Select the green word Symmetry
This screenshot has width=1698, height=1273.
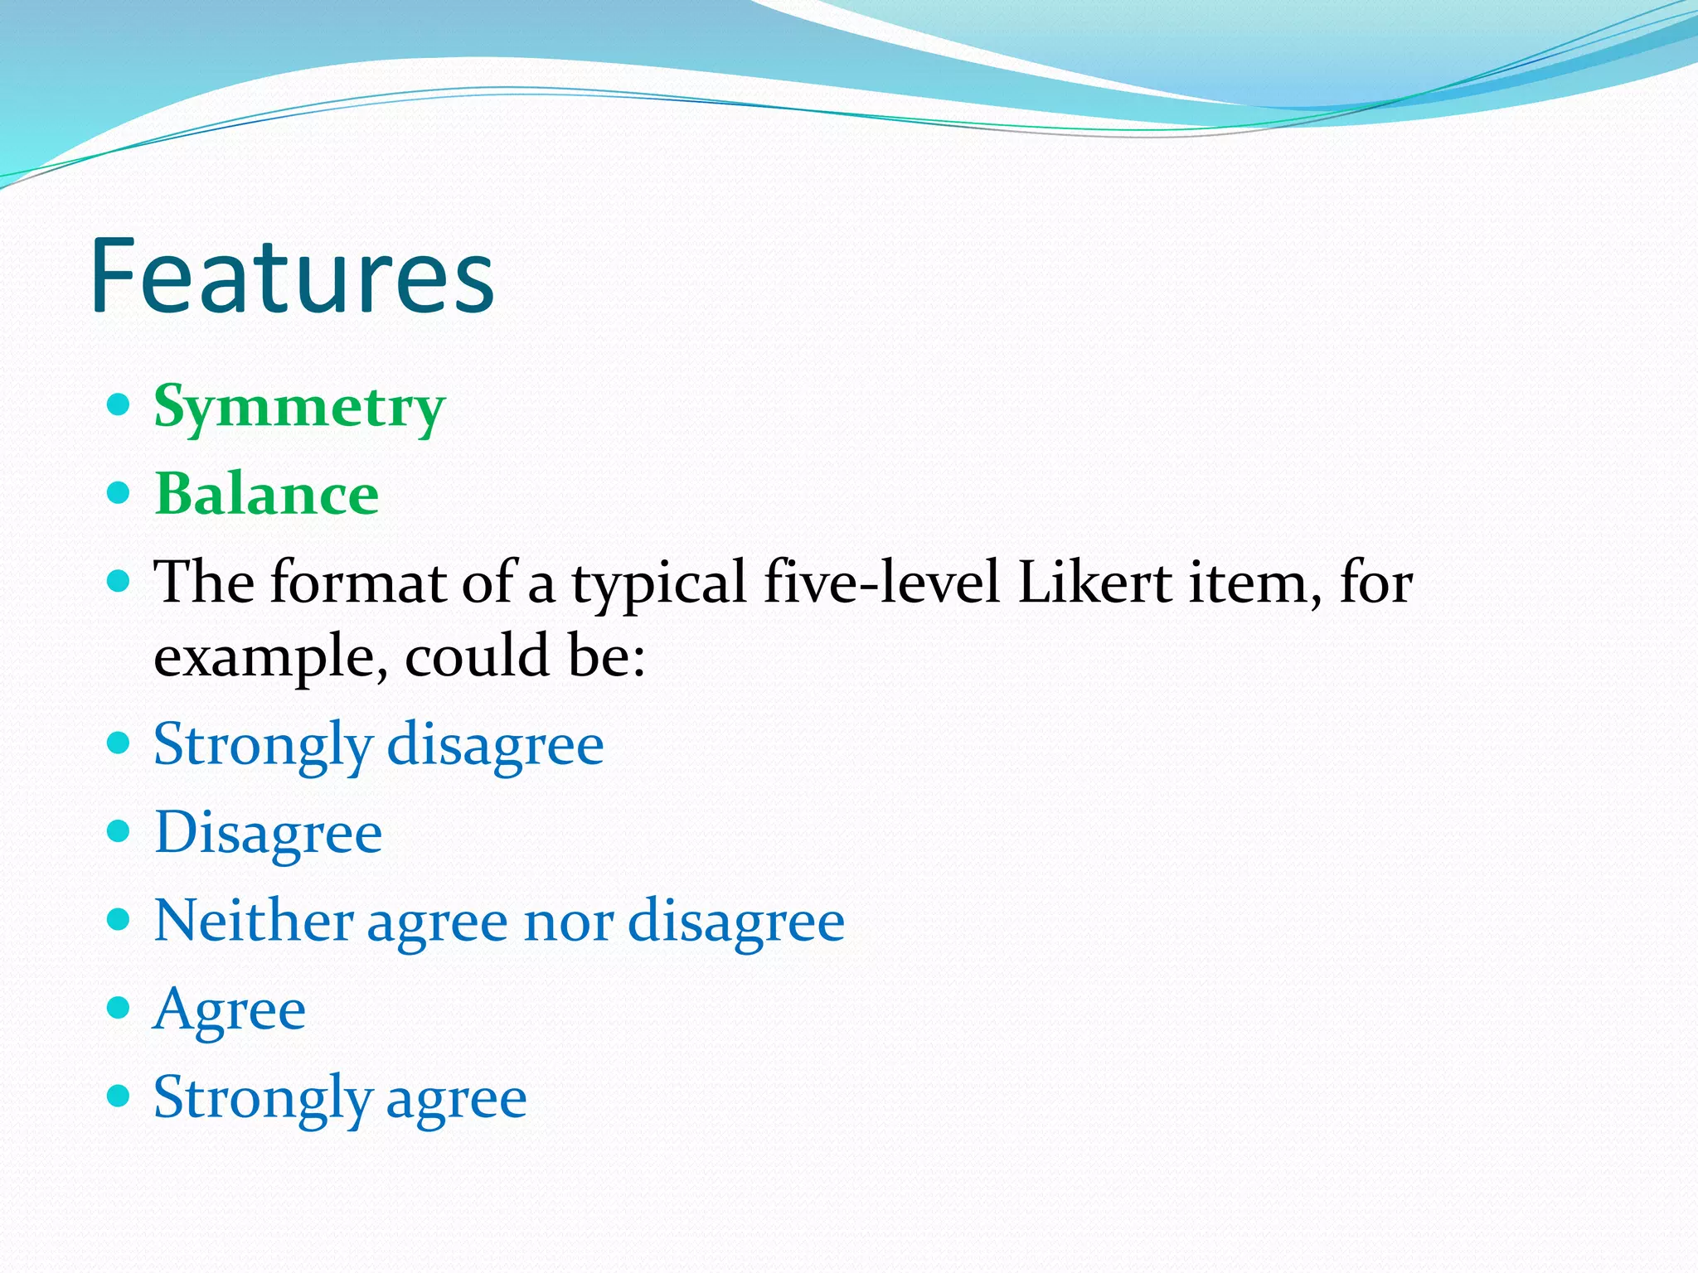(x=299, y=408)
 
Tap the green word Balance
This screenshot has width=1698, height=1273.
(x=267, y=495)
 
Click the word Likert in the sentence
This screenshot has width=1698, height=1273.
(x=1094, y=582)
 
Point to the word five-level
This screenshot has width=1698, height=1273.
(x=881, y=582)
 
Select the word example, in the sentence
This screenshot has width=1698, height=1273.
(x=270, y=657)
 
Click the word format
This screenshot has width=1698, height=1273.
(x=358, y=582)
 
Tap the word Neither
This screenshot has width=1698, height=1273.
(x=253, y=920)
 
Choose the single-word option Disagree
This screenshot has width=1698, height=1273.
(x=268, y=832)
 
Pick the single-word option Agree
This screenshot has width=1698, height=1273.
(x=230, y=1010)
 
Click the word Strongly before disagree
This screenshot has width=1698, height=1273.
(x=263, y=745)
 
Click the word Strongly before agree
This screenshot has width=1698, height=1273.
(x=263, y=1099)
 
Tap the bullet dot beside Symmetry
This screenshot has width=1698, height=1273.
(x=119, y=404)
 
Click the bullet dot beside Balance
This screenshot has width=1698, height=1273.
(x=119, y=493)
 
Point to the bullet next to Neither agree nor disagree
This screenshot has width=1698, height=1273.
(x=119, y=918)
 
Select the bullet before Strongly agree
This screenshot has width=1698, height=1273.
(x=119, y=1096)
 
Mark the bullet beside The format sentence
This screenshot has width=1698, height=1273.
(x=119, y=581)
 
